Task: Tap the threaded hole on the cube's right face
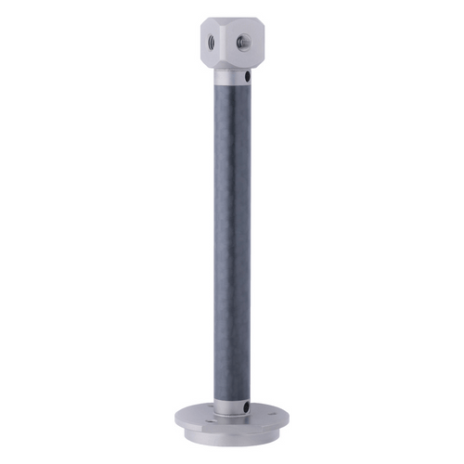point(246,40)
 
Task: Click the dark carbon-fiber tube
point(233,241)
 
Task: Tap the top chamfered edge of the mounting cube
point(232,20)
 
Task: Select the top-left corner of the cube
point(201,23)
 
